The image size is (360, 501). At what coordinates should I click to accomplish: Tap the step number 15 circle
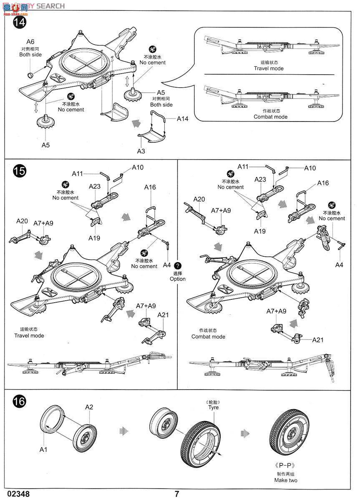19,171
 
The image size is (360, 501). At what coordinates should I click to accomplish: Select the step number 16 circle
19,402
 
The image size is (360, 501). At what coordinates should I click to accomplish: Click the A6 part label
30,41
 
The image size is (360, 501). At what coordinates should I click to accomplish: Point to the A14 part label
182,119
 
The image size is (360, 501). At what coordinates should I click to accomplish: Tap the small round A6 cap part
30,75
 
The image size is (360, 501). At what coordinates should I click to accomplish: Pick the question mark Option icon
178,266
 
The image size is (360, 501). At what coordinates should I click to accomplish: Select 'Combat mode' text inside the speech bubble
270,117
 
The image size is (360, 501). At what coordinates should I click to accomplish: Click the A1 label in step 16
44,450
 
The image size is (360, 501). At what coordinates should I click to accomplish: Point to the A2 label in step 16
89,407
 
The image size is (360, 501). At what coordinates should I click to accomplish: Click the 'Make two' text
286,480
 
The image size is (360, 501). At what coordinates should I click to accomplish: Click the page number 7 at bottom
177,494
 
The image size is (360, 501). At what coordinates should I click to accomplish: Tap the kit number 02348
15,494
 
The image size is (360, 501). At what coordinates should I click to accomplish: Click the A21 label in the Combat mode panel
318,340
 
